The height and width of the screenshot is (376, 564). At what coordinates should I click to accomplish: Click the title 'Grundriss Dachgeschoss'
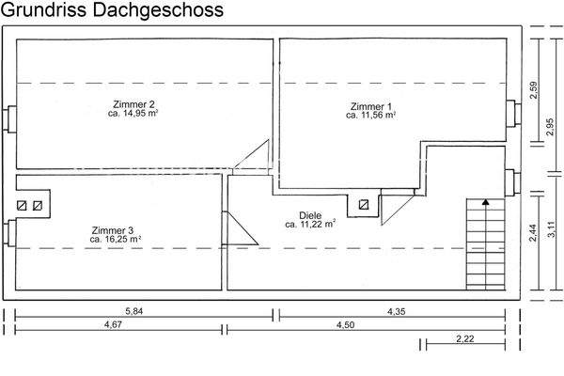pyautogui.click(x=112, y=11)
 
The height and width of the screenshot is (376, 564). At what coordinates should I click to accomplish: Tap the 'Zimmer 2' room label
pyautogui.click(x=133, y=103)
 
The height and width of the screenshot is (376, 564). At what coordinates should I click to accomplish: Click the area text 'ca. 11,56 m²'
pyautogui.click(x=370, y=116)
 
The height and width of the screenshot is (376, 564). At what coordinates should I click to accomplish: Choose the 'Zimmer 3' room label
pyautogui.click(x=113, y=230)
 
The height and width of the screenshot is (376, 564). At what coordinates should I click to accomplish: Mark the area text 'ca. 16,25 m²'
pyautogui.click(x=116, y=240)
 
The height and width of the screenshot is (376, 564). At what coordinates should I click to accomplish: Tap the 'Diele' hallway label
pyautogui.click(x=311, y=215)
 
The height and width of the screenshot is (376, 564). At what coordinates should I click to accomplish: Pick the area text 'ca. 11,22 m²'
pyautogui.click(x=311, y=225)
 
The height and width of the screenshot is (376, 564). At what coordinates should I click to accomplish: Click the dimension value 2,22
pyautogui.click(x=463, y=338)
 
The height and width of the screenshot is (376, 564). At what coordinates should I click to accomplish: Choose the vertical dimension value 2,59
pyautogui.click(x=534, y=91)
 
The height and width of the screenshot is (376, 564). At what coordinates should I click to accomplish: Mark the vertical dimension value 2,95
pyautogui.click(x=550, y=127)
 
